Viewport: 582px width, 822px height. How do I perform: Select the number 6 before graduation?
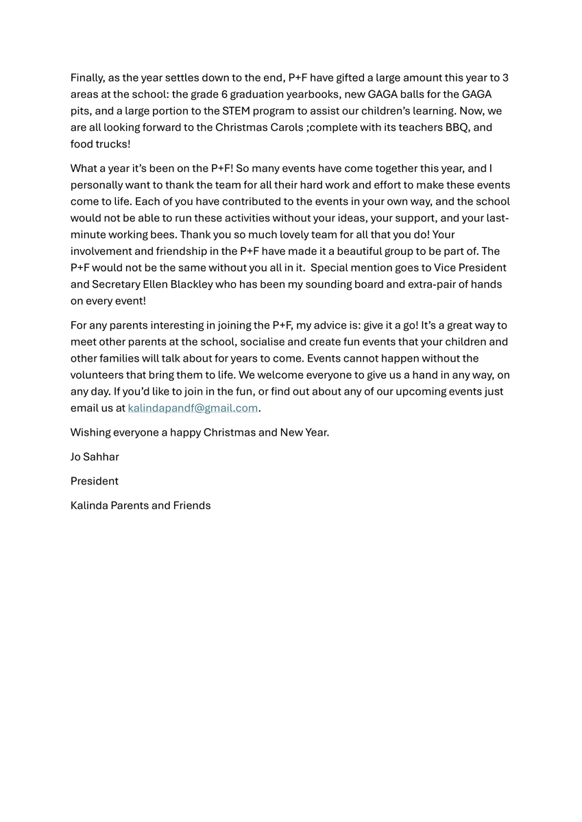[x=224, y=94]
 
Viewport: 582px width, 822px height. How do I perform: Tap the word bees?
[x=160, y=234]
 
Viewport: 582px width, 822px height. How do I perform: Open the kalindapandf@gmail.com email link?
[x=193, y=408]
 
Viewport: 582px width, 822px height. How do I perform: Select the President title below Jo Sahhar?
[x=95, y=481]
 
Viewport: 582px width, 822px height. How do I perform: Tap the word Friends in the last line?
[x=192, y=506]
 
